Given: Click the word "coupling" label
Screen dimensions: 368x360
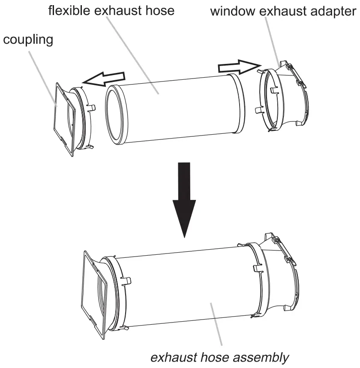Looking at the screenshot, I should tap(28, 41).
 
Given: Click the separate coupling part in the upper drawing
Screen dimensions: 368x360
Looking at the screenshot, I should tap(73, 118).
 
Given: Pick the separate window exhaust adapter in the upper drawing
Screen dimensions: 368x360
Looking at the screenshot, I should tap(285, 99).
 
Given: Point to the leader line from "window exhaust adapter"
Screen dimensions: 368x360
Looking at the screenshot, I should tap(272, 39).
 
